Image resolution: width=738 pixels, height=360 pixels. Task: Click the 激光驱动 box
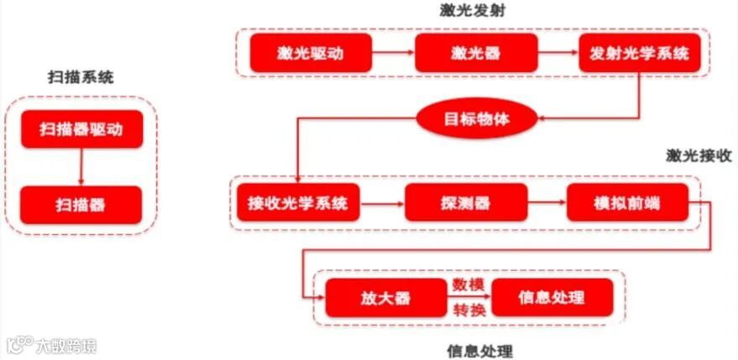(311, 54)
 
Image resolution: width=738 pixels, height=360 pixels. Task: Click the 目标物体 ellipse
(476, 119)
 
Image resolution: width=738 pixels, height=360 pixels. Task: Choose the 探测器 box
(465, 203)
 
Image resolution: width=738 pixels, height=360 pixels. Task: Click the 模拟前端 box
(626, 203)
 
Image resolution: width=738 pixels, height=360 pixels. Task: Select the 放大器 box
(384, 298)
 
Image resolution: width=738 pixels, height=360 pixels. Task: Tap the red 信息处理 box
(552, 298)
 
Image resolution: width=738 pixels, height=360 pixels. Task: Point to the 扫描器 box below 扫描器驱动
(81, 204)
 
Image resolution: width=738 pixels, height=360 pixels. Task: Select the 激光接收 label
(699, 155)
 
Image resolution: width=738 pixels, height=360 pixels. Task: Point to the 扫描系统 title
(81, 77)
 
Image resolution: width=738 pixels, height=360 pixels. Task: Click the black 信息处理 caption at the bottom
(479, 350)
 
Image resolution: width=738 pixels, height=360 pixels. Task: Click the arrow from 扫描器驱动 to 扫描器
(81, 167)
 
